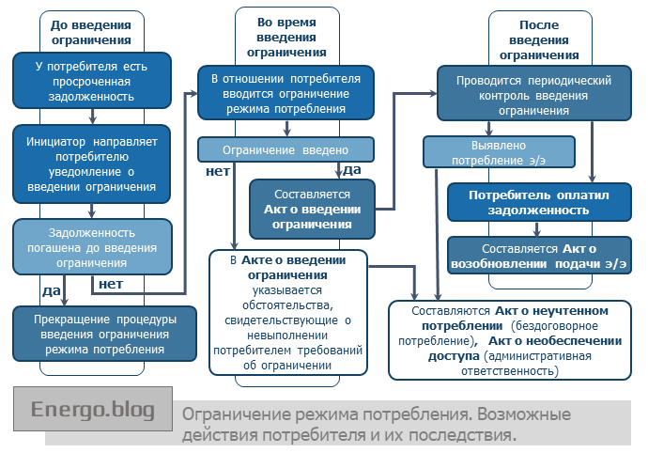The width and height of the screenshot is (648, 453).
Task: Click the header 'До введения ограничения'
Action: click(x=91, y=33)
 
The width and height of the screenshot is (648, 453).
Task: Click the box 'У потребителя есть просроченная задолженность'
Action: click(x=92, y=82)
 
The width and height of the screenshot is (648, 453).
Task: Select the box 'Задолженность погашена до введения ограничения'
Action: click(x=92, y=246)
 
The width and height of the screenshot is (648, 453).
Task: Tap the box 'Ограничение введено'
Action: click(x=285, y=150)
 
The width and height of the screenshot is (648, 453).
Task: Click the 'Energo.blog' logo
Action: click(x=93, y=410)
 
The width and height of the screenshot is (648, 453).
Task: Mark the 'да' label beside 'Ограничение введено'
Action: click(x=352, y=170)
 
